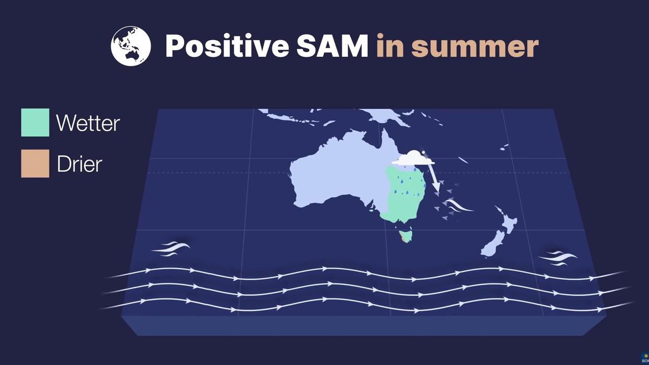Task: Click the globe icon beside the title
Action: (x=131, y=46)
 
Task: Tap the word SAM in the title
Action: (x=332, y=46)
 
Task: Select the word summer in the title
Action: (x=475, y=46)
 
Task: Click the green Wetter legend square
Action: (x=35, y=123)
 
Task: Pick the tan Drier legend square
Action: (x=35, y=163)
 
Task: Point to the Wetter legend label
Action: (x=88, y=123)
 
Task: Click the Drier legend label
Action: (x=80, y=164)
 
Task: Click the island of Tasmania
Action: (x=406, y=236)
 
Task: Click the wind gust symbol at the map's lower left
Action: (x=171, y=249)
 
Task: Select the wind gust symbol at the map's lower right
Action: (x=558, y=259)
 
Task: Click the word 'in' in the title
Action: (x=390, y=46)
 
